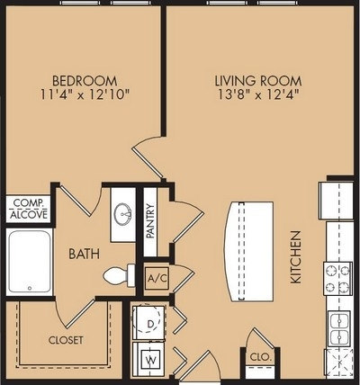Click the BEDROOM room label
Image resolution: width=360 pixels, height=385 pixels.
[x=85, y=81]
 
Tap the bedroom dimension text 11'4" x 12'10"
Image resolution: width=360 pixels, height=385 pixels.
[x=85, y=94]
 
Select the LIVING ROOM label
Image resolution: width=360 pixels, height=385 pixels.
[x=258, y=81]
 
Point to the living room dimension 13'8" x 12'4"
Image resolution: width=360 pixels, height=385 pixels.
[x=258, y=94]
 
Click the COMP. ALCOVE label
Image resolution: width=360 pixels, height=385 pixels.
[x=29, y=209]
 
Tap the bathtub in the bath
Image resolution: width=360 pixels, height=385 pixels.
[x=30, y=262]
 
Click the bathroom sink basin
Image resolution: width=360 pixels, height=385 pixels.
[x=123, y=214]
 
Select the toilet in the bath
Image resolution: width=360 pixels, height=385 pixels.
[x=120, y=275]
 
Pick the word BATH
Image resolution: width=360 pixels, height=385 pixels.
[x=84, y=254]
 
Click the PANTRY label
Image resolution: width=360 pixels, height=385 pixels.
[x=150, y=220]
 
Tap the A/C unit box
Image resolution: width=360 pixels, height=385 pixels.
[x=157, y=278]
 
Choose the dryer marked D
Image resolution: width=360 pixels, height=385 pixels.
[x=149, y=323]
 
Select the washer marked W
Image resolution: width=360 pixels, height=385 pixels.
[x=149, y=359]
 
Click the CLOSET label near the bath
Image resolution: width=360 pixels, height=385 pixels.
[x=66, y=340]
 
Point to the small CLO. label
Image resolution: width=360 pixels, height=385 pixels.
[x=261, y=357]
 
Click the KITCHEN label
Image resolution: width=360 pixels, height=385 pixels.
[x=296, y=257]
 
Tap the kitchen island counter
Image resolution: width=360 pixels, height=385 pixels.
[x=249, y=251]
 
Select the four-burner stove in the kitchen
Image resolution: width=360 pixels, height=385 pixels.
[x=338, y=279]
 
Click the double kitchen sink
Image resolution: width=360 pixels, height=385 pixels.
[x=339, y=328]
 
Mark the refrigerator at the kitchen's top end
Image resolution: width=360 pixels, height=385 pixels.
[x=336, y=201]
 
